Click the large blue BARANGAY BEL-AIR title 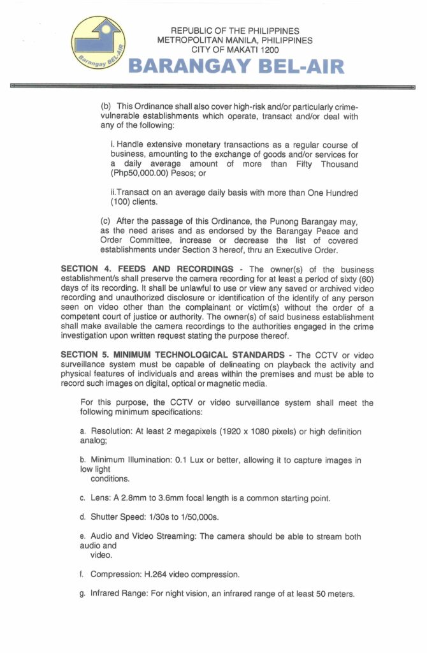236,66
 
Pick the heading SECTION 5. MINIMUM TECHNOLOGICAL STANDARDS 172,355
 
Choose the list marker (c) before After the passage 105,221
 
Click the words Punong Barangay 307,221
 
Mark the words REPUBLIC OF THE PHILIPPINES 236,31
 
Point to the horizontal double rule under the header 213,85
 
